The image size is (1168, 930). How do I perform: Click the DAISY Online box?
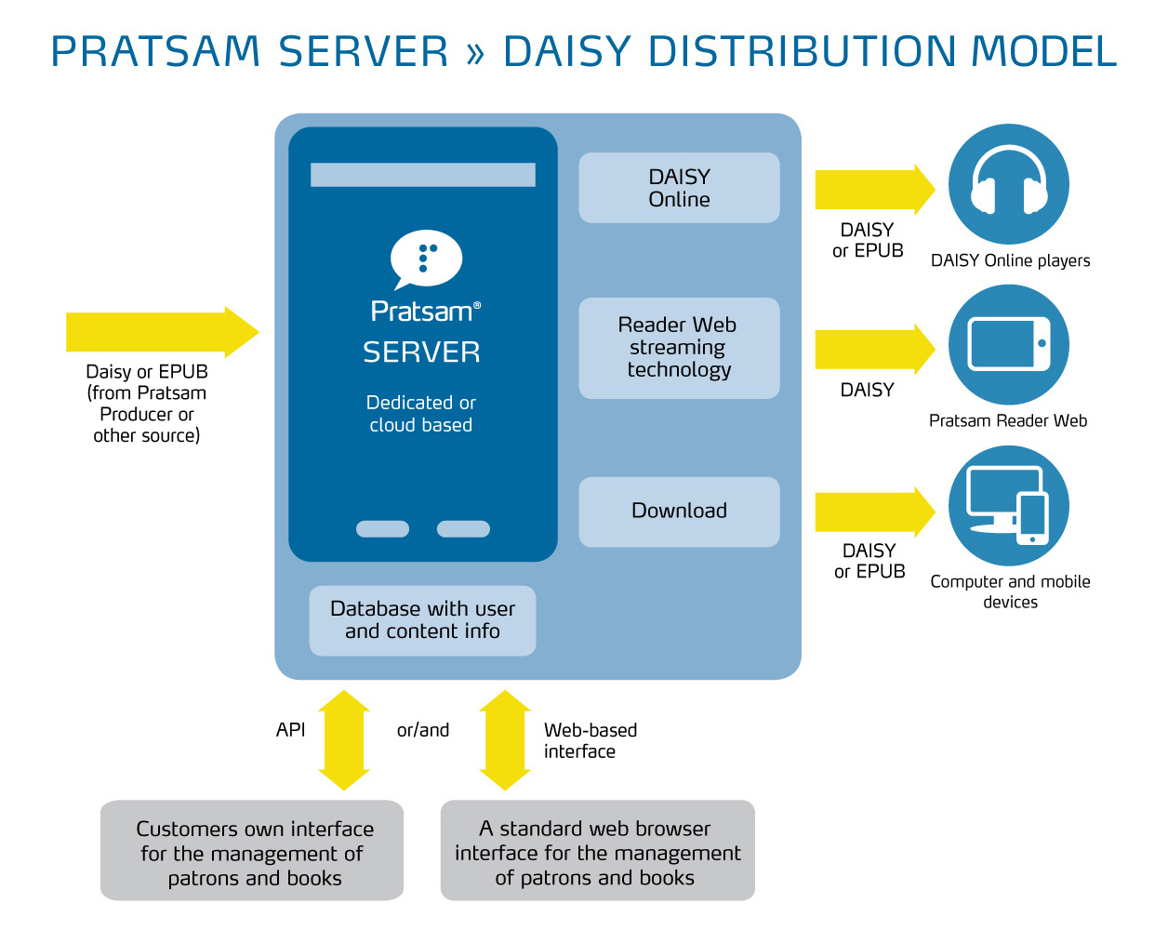[679, 187]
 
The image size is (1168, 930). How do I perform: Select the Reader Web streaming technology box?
[679, 348]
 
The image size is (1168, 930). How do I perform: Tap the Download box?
[679, 511]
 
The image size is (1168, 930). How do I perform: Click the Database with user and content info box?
[422, 620]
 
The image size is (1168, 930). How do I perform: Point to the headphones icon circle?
[1008, 184]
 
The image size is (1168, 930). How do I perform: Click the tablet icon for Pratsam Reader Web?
[1008, 344]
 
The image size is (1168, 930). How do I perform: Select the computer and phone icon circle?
[1008, 505]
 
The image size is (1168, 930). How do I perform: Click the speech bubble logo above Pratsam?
[426, 259]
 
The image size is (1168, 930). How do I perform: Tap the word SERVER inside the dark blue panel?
[421, 352]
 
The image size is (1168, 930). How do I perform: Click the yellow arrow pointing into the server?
[163, 332]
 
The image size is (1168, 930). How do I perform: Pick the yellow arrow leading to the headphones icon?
[875, 190]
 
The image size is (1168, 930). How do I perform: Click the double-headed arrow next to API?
[343, 740]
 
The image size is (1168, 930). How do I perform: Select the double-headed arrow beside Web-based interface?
[505, 740]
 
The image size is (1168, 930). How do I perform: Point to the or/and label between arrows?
[423, 730]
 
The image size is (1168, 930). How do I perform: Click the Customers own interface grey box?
[252, 850]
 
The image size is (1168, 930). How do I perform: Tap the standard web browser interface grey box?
[598, 850]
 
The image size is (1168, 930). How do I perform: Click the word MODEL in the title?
[1043, 51]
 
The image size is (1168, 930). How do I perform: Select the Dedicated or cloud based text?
[420, 414]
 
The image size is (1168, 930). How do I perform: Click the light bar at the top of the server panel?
[423, 174]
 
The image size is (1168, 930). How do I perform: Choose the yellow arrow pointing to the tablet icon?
[875, 349]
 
